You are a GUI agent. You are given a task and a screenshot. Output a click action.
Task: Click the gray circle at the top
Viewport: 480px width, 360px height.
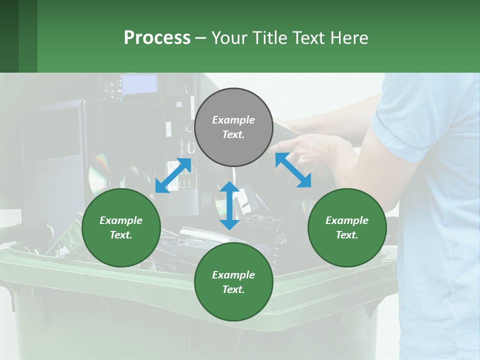tap(233, 127)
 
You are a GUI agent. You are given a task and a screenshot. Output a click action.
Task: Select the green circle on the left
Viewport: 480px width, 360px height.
tap(121, 227)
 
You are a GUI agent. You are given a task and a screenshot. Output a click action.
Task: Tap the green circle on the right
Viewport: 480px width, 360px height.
tap(347, 227)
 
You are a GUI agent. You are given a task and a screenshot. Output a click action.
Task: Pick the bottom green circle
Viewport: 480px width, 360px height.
tap(233, 282)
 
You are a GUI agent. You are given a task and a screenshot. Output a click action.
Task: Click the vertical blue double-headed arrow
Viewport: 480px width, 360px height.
tap(229, 205)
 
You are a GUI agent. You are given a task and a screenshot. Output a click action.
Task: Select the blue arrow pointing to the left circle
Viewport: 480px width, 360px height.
tap(173, 175)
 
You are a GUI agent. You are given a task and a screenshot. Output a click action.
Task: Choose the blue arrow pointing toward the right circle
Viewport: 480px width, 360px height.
tap(293, 170)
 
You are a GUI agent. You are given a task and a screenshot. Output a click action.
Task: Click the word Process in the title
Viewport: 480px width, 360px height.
tap(157, 38)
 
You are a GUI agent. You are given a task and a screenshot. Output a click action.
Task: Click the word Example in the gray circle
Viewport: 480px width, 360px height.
tap(233, 120)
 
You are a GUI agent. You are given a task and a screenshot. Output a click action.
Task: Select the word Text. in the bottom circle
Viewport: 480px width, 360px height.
tap(233, 289)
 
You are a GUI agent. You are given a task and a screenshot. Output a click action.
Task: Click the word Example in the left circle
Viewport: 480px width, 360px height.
tap(121, 220)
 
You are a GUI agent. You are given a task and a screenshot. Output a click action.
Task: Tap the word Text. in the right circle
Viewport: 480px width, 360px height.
tap(347, 235)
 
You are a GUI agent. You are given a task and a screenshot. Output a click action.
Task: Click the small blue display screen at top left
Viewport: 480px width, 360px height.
tap(139, 84)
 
